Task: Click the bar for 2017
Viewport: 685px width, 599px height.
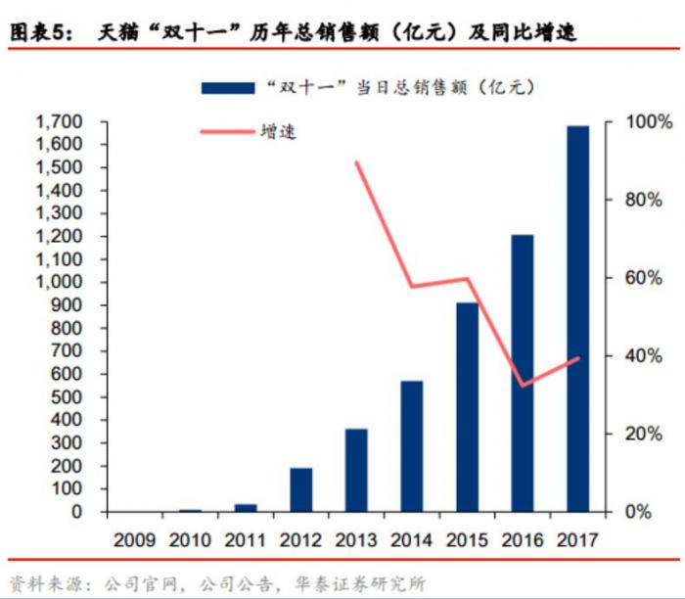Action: point(578,319)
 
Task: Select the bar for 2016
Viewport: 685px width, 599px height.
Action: point(523,373)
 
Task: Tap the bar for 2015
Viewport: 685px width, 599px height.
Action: point(468,407)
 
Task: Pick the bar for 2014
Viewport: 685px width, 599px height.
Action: point(412,446)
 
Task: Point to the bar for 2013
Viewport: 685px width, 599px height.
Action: point(356,470)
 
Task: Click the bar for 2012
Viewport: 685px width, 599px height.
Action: point(301,489)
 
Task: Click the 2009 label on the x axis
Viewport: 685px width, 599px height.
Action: point(134,539)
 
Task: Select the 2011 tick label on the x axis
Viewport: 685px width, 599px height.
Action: point(245,539)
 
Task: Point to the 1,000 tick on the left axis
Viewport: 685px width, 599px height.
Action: point(60,283)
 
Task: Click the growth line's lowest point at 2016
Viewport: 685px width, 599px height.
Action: point(524,386)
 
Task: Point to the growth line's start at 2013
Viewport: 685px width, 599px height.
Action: point(356,162)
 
